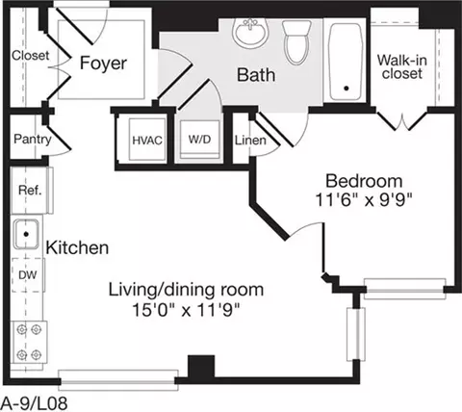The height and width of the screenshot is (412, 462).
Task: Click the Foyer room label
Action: (x=103, y=63)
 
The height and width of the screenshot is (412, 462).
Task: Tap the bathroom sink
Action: (x=250, y=31)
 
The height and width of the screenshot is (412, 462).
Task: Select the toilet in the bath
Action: (x=296, y=41)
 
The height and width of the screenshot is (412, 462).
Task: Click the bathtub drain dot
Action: (x=346, y=88)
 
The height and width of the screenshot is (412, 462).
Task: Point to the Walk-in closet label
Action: (x=402, y=66)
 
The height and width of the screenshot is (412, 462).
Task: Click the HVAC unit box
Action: (x=147, y=140)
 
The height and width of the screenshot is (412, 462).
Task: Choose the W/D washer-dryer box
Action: (x=199, y=140)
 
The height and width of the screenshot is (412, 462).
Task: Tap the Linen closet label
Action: (x=250, y=141)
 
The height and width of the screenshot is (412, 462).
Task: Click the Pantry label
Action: (x=33, y=140)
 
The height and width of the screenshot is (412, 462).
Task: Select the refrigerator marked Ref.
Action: (x=31, y=191)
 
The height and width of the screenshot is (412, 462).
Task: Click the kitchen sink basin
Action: (x=26, y=234)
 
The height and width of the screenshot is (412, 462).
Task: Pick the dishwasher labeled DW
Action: (x=28, y=275)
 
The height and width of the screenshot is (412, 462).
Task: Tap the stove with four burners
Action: (x=29, y=342)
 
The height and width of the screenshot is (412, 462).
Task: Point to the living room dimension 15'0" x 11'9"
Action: (x=186, y=310)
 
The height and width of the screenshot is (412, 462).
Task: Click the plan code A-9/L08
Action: (x=35, y=403)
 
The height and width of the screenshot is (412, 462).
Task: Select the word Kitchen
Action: (x=77, y=247)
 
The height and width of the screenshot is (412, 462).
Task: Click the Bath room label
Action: (x=256, y=74)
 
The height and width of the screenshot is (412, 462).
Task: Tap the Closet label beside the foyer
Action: (x=31, y=56)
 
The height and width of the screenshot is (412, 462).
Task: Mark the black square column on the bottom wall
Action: (x=201, y=367)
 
